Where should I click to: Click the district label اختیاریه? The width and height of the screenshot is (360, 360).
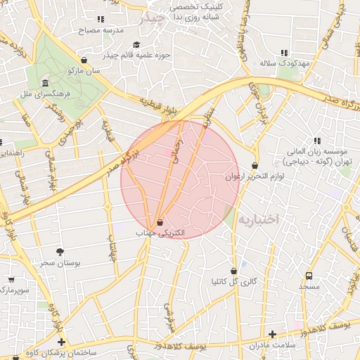coord(258,219)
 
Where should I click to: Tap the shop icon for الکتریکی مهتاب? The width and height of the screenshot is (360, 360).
coord(160,222)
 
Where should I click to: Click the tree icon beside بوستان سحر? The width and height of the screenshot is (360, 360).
coord(60,252)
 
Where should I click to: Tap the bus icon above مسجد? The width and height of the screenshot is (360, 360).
coord(309,276)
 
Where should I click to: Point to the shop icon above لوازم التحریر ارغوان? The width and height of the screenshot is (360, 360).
coord(255,166)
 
